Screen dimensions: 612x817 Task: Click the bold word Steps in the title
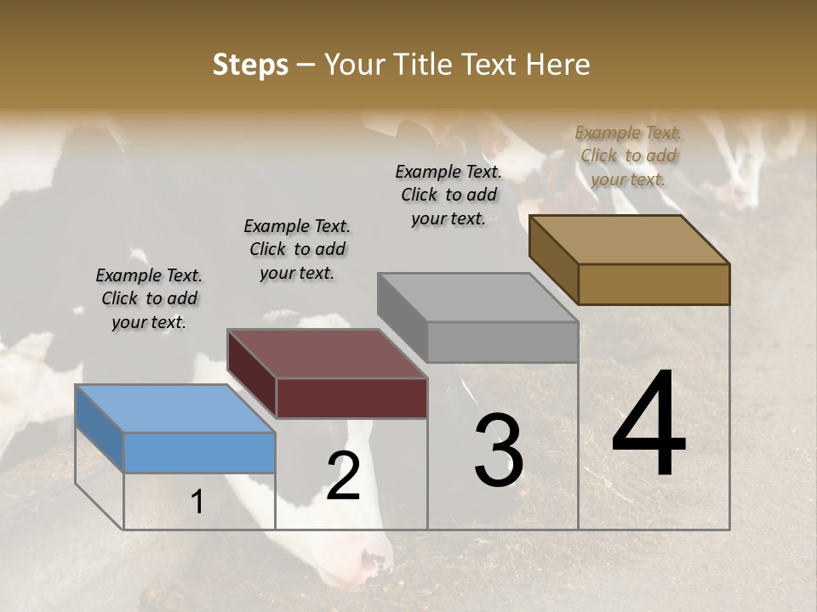point(250,65)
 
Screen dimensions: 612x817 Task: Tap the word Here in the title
point(557,65)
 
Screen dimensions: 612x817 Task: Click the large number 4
point(648,424)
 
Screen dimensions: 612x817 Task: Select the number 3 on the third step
point(498,450)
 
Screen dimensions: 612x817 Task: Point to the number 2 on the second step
point(343,476)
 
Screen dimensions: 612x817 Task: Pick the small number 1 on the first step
point(197,502)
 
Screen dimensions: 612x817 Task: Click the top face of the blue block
point(174,408)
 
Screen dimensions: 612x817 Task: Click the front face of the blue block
point(200,452)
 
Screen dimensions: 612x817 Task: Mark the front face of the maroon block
point(351,397)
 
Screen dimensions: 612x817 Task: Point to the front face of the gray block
point(502,342)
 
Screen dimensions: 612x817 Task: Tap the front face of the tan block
point(654,284)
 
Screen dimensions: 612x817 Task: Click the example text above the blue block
point(149,298)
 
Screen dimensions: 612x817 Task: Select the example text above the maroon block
point(297,249)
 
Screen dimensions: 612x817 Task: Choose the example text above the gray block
point(448,195)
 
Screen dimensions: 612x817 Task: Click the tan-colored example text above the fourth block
point(628,156)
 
